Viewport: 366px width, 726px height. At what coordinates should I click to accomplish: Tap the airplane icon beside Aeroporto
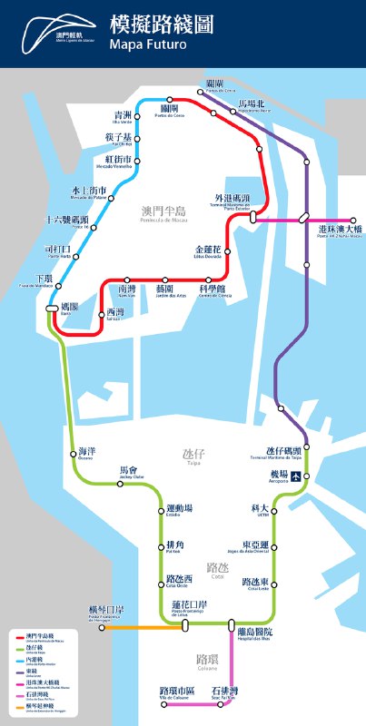(295, 476)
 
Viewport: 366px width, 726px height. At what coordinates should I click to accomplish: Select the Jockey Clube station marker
(120, 484)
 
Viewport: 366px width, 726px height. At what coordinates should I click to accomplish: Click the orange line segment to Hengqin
(136, 626)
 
